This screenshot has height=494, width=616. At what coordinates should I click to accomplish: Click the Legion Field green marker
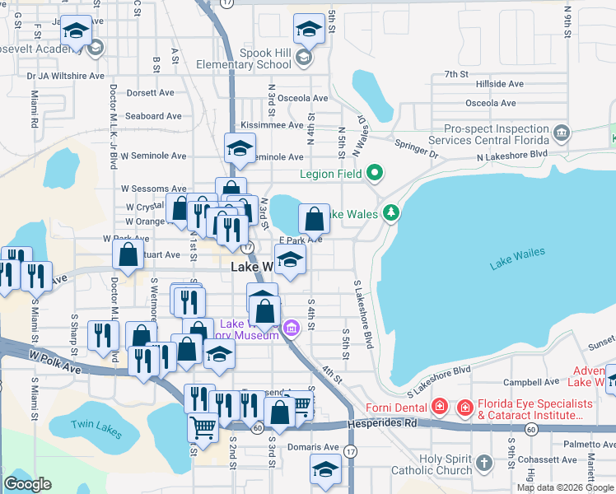376,173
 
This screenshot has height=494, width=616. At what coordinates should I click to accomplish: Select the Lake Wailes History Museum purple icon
290,329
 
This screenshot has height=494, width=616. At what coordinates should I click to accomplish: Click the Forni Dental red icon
440,407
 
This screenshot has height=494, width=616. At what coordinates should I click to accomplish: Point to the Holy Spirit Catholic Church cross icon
483,464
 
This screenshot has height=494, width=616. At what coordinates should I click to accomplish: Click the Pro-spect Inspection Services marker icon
562,132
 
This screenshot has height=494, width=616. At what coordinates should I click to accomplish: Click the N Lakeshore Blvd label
511,154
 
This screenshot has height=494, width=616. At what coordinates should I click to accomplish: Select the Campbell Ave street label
527,383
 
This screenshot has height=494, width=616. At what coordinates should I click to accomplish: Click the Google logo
27,484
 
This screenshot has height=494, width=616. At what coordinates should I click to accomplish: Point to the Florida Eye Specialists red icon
464,407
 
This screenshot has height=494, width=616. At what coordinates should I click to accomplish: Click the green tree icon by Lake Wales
392,214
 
